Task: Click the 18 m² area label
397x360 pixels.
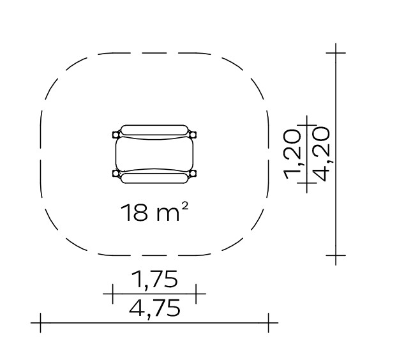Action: click(x=154, y=212)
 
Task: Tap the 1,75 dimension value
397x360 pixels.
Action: click(x=154, y=279)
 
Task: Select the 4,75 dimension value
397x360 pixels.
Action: click(x=154, y=308)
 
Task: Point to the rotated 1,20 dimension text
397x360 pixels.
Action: click(x=292, y=154)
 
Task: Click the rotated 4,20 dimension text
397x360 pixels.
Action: click(x=321, y=154)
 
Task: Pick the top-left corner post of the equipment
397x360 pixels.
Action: click(x=116, y=134)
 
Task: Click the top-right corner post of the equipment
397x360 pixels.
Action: click(x=193, y=134)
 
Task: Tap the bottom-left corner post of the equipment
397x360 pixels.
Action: click(x=116, y=174)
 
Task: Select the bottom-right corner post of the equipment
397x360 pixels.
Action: click(x=193, y=174)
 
